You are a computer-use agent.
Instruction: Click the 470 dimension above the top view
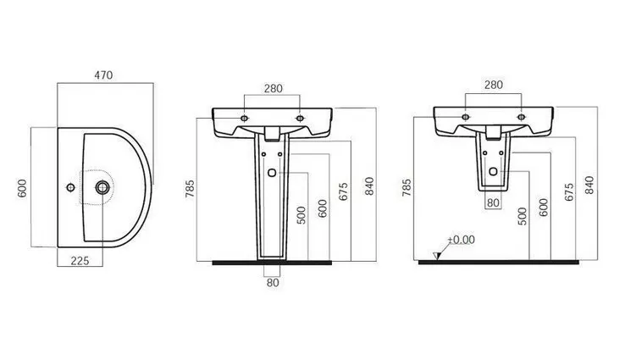(103, 75)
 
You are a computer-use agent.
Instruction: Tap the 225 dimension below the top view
(80, 261)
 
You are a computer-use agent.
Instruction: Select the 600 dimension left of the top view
(22, 188)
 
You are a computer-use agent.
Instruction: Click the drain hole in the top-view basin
(102, 187)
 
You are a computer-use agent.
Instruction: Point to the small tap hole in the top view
(70, 187)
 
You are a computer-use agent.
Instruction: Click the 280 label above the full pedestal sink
(274, 88)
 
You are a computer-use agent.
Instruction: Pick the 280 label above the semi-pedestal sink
(494, 85)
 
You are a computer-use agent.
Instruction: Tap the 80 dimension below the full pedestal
(273, 283)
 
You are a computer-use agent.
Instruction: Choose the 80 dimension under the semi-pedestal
(493, 202)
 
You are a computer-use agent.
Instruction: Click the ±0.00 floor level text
(462, 240)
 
